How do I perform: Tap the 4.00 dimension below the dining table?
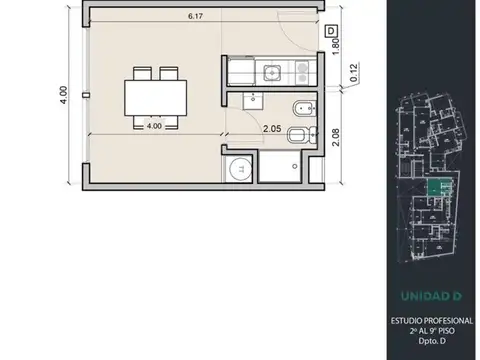154,127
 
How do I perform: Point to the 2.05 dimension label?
271,128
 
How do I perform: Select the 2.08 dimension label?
336,137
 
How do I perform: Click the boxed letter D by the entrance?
330,31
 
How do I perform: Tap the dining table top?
153,97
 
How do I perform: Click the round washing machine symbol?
239,169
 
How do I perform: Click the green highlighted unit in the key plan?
435,187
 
